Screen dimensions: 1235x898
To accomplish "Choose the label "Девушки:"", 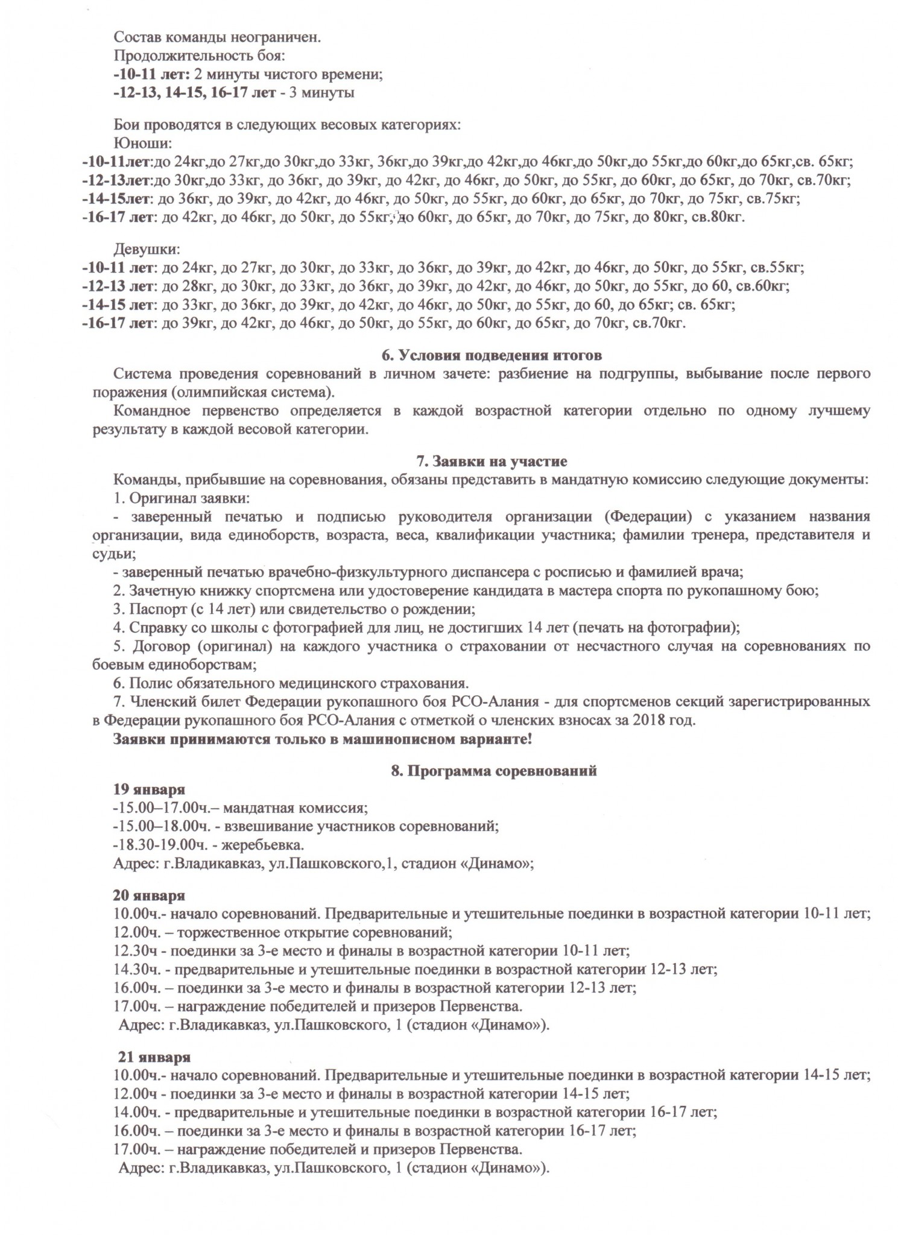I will [147, 248].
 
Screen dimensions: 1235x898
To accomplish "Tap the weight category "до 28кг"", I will [185, 286].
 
